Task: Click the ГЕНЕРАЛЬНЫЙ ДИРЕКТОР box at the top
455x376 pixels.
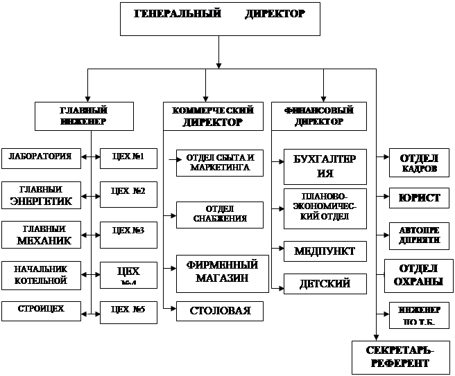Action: (220, 19)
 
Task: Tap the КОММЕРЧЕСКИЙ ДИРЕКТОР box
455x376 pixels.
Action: (212, 116)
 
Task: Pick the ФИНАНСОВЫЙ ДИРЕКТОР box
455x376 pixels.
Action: (318, 116)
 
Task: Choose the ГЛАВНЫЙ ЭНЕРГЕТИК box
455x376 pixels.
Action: (40, 196)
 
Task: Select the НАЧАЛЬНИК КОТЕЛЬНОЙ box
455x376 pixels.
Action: (40, 275)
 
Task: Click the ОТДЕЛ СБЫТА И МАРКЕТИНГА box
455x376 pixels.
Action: (220, 163)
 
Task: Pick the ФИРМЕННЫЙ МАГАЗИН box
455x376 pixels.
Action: (220, 272)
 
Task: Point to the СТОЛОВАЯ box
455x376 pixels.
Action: (220, 311)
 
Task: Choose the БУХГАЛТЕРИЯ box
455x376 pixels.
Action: (325, 166)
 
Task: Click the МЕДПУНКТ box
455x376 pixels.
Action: (325, 250)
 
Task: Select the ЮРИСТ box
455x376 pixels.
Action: (419, 198)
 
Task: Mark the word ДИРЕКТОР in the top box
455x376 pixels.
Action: (275, 14)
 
